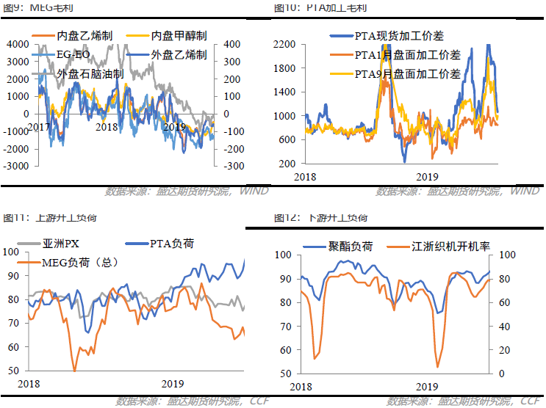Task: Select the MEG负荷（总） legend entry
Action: coord(82,261)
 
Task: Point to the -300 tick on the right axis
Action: coord(233,166)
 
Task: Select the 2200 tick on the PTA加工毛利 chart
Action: coord(284,45)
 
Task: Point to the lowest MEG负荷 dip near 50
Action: coord(74,371)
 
